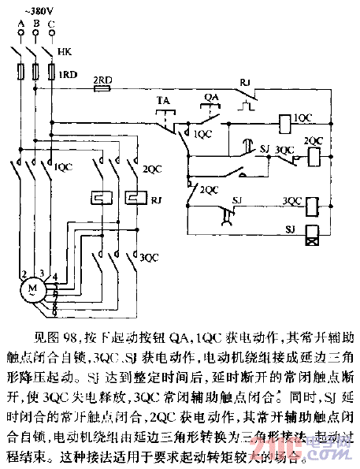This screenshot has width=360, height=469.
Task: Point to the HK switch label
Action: pos(65,53)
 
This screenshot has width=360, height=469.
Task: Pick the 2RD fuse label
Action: pos(102,81)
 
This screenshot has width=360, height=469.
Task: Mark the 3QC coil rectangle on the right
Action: pos(313,204)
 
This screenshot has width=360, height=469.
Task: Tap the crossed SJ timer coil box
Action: pos(313,233)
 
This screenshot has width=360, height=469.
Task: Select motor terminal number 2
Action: pos(24,273)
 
